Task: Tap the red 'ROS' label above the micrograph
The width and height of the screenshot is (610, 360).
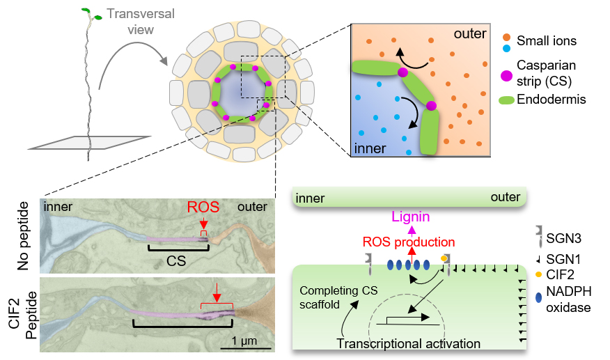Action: click(203, 208)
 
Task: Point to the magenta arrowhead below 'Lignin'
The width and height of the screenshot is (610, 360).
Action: click(412, 230)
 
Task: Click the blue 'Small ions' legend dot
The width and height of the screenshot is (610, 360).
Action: click(506, 47)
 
